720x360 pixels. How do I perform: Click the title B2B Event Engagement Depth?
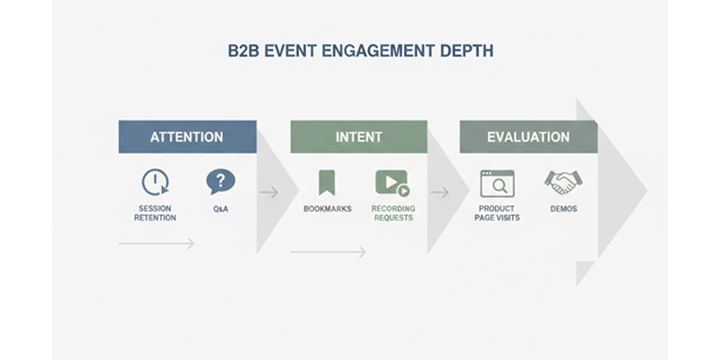360,51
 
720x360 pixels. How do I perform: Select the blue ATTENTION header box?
187,137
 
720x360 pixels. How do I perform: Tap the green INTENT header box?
358,137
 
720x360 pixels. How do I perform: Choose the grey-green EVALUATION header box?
528,137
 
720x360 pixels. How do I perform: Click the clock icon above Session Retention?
155,182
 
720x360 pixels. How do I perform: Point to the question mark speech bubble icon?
220,182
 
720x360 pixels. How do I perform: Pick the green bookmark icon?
327,182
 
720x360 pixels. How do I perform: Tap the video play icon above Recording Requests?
391,183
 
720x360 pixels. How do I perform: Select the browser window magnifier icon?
497,183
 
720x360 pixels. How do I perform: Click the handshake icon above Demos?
563,182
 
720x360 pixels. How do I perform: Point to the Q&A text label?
220,209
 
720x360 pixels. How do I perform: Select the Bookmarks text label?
328,209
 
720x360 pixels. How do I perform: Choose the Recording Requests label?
393,213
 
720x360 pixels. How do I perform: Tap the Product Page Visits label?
497,213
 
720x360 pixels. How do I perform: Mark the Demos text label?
563,209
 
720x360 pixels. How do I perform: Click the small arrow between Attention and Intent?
268,192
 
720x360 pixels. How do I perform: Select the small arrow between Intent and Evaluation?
439,192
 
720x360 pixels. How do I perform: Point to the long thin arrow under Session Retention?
157,243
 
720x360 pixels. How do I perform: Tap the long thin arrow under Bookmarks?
328,252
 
